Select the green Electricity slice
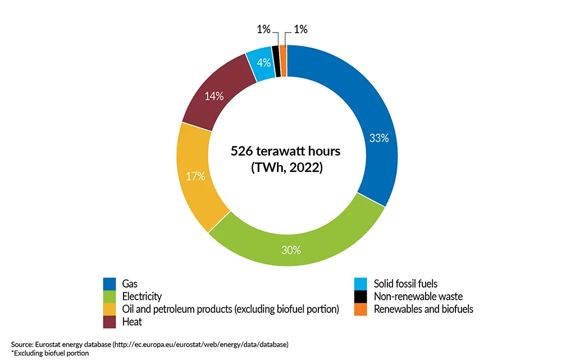click(303, 236)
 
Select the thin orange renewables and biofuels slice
click(284, 60)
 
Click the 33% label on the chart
click(379, 138)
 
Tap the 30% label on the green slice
click(291, 250)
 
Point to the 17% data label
click(195, 176)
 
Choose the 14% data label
click(214, 96)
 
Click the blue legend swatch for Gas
click(109, 284)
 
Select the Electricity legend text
click(142, 297)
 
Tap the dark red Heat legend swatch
click(109, 322)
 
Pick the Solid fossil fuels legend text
click(413, 284)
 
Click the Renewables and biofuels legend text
click(423, 309)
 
